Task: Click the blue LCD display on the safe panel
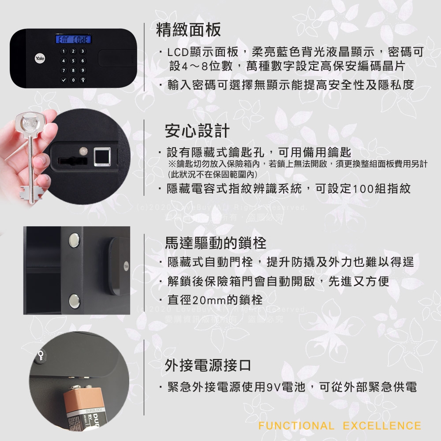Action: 72,41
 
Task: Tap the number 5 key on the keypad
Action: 72,61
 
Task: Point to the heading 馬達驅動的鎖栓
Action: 215,242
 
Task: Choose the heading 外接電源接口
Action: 208,365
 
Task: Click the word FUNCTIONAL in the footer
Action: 296,426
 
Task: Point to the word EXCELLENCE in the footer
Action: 382,426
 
